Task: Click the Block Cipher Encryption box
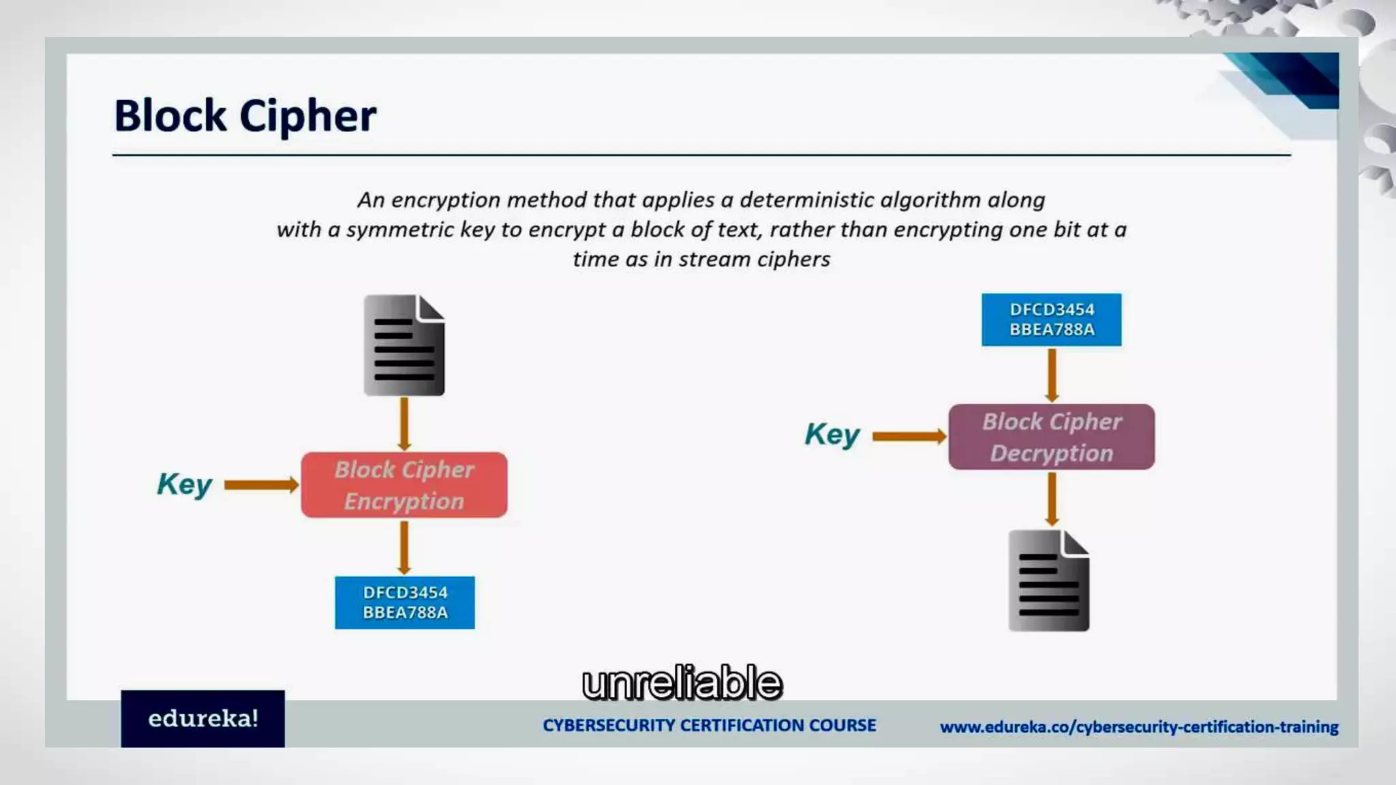[x=404, y=485]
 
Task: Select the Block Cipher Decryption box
[x=1052, y=437]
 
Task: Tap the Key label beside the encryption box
[x=184, y=484]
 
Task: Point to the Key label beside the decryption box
[x=832, y=435]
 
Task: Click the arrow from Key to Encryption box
[x=261, y=485]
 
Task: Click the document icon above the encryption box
[x=404, y=345]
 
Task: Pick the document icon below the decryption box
[x=1049, y=581]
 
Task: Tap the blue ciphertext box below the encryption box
[x=405, y=602]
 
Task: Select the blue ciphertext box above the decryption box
[x=1052, y=320]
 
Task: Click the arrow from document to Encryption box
[x=404, y=424]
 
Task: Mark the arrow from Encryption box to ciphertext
[x=404, y=547]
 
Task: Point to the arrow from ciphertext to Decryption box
[x=1052, y=375]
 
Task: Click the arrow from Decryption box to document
[x=1052, y=499]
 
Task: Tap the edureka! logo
[x=203, y=719]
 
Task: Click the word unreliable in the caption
[x=682, y=683]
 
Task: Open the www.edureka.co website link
[x=1139, y=727]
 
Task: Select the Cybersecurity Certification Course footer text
[x=710, y=725]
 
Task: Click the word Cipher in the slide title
[x=307, y=116]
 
